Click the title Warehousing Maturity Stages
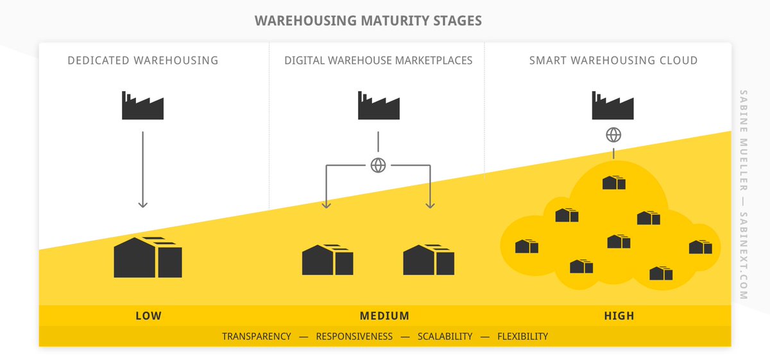tap(368, 21)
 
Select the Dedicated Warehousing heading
tap(143, 61)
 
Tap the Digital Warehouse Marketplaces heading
tap(378, 61)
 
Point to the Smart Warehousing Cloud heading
tap(613, 61)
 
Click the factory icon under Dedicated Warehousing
tap(142, 106)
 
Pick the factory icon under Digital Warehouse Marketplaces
tap(379, 106)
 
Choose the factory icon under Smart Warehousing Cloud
tap(613, 106)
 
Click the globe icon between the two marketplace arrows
tap(378, 165)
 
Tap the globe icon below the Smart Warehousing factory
tap(614, 135)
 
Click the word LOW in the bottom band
tap(148, 316)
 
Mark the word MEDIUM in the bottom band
tap(384, 316)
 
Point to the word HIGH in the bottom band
tap(619, 316)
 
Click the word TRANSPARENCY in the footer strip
tap(256, 336)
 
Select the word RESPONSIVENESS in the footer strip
tap(354, 336)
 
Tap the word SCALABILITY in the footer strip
tap(445, 336)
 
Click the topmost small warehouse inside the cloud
tap(613, 183)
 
